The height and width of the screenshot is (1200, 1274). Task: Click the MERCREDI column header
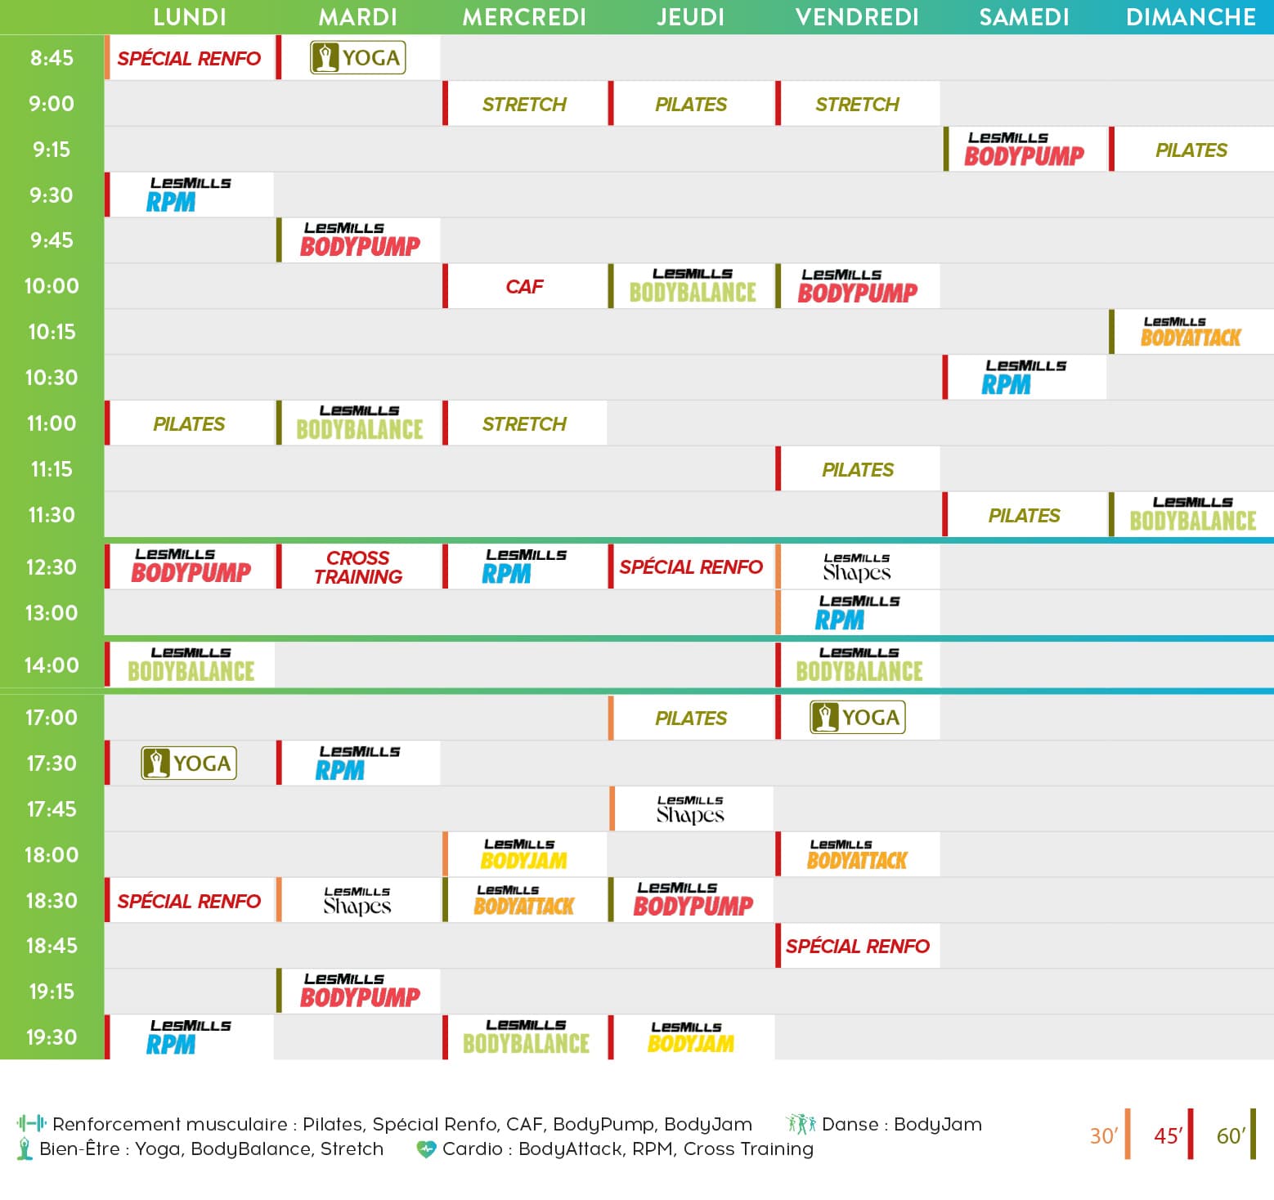[524, 17]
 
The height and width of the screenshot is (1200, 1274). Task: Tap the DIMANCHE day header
[1191, 17]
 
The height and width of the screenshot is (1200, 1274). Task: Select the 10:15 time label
[52, 332]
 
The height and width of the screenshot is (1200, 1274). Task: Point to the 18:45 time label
[52, 946]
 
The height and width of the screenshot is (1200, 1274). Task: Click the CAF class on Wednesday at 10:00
[524, 286]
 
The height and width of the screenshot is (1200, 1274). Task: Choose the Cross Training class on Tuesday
[358, 567]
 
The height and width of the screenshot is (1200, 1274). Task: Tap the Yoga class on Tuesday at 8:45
[358, 58]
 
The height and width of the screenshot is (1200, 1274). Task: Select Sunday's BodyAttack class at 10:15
[1191, 332]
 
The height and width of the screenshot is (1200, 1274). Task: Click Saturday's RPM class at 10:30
[1024, 378]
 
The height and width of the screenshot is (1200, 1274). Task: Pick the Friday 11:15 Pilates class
[857, 469]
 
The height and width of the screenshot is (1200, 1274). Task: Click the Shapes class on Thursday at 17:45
[691, 809]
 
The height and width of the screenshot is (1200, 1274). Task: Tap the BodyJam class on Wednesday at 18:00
[524, 855]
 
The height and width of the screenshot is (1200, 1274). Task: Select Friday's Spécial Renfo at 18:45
[857, 946]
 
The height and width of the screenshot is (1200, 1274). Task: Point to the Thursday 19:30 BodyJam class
[691, 1037]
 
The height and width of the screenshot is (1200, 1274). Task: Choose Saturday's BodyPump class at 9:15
[1024, 150]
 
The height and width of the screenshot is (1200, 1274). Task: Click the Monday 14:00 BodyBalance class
[190, 665]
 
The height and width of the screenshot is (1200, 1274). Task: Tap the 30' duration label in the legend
[1103, 1135]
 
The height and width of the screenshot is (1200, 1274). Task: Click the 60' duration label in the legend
[1231, 1135]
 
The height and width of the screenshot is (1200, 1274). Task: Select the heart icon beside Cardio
[426, 1149]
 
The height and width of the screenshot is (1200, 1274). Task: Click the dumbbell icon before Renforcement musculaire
[31, 1124]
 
